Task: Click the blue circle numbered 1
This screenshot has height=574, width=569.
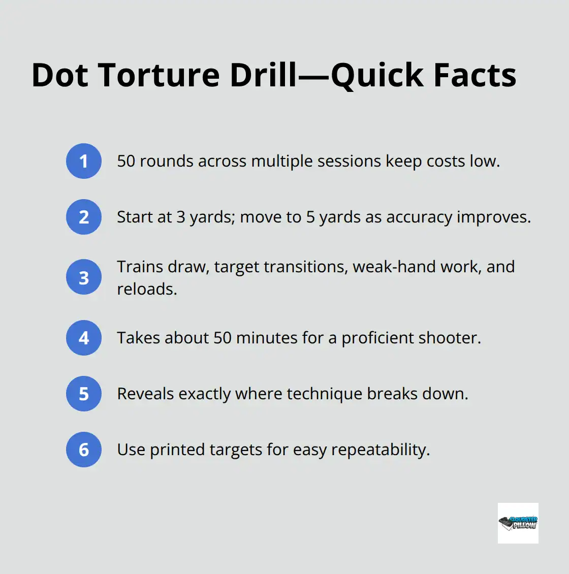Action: click(84, 161)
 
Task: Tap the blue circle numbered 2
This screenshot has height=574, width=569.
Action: click(84, 217)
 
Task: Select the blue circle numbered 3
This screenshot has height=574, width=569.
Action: click(84, 277)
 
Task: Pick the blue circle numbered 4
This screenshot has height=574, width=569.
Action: click(84, 338)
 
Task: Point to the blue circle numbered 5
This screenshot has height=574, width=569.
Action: click(84, 394)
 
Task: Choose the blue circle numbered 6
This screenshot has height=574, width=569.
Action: click(84, 450)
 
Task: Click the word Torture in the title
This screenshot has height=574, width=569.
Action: click(159, 75)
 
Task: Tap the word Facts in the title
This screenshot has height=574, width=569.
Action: click(475, 75)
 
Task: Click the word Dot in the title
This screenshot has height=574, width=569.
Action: click(59, 75)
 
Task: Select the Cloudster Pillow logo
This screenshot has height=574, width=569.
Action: click(518, 523)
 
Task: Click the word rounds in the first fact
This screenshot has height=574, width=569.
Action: click(167, 162)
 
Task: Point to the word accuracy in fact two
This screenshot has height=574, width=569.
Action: click(420, 217)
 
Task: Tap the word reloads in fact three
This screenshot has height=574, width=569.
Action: click(147, 289)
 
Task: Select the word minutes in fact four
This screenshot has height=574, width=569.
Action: click(267, 338)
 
